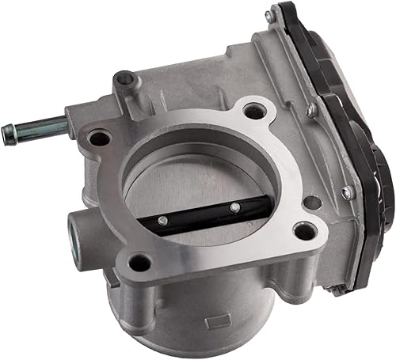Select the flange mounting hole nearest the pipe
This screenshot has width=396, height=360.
click(x=99, y=139)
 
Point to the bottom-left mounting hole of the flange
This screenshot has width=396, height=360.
click(x=140, y=262)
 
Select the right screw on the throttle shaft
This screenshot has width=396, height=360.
click(x=234, y=207)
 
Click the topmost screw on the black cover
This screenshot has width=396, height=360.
click(x=271, y=14)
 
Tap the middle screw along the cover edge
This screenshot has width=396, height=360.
click(x=312, y=111)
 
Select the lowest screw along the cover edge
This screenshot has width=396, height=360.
click(x=347, y=191)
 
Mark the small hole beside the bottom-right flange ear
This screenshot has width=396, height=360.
click(x=312, y=203)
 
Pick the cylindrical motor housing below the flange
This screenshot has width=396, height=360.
click(x=198, y=316)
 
